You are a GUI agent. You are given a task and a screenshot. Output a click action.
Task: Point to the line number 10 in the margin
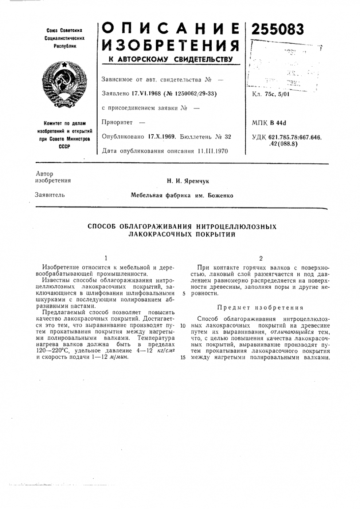coord(183,325)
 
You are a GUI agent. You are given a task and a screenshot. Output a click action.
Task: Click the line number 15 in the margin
coord(183,357)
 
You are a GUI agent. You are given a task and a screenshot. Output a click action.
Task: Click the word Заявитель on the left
coord(50,195)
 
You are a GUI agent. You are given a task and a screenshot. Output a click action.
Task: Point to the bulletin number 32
coord(228,137)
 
